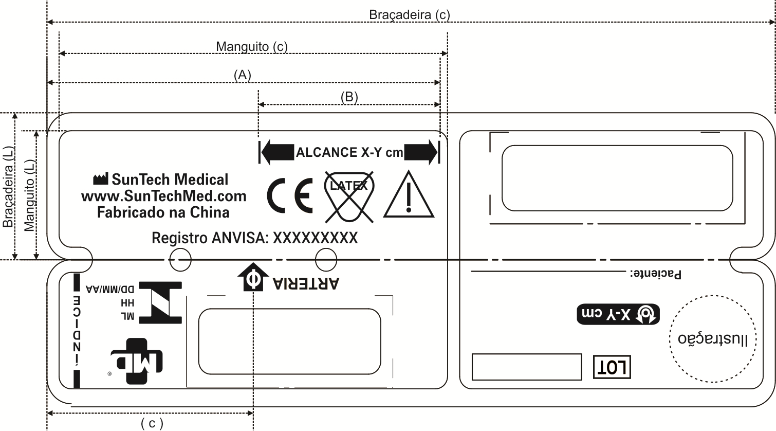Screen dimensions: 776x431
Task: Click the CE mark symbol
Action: coord(290,195)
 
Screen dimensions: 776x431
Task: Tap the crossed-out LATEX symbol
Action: coord(349,196)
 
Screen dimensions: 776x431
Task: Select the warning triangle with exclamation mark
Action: coord(409,194)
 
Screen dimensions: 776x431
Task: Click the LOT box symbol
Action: coord(612,367)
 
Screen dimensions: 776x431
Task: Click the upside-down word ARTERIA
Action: coord(306,283)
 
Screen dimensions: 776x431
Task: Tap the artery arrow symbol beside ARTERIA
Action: coord(253,277)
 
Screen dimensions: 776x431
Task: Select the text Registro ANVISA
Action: coord(210,238)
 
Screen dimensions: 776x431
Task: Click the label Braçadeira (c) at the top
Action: coord(410,15)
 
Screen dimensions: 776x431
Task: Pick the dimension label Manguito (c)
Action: coord(252,46)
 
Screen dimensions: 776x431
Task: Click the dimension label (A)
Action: coord(242,75)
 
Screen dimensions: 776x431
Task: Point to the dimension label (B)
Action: coord(349,97)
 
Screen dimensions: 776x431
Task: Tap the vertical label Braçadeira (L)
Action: coord(8,187)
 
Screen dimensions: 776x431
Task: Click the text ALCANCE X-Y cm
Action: coord(349,153)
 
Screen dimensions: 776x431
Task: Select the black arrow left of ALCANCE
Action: coord(278,152)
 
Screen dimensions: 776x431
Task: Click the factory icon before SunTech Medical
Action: coord(100,178)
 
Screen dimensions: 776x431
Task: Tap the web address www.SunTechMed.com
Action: coord(164,196)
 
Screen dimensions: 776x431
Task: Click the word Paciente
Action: coord(656,274)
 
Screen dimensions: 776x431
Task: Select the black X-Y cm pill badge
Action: coord(618,314)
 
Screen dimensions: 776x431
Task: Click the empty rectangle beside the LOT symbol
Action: coord(527,367)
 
